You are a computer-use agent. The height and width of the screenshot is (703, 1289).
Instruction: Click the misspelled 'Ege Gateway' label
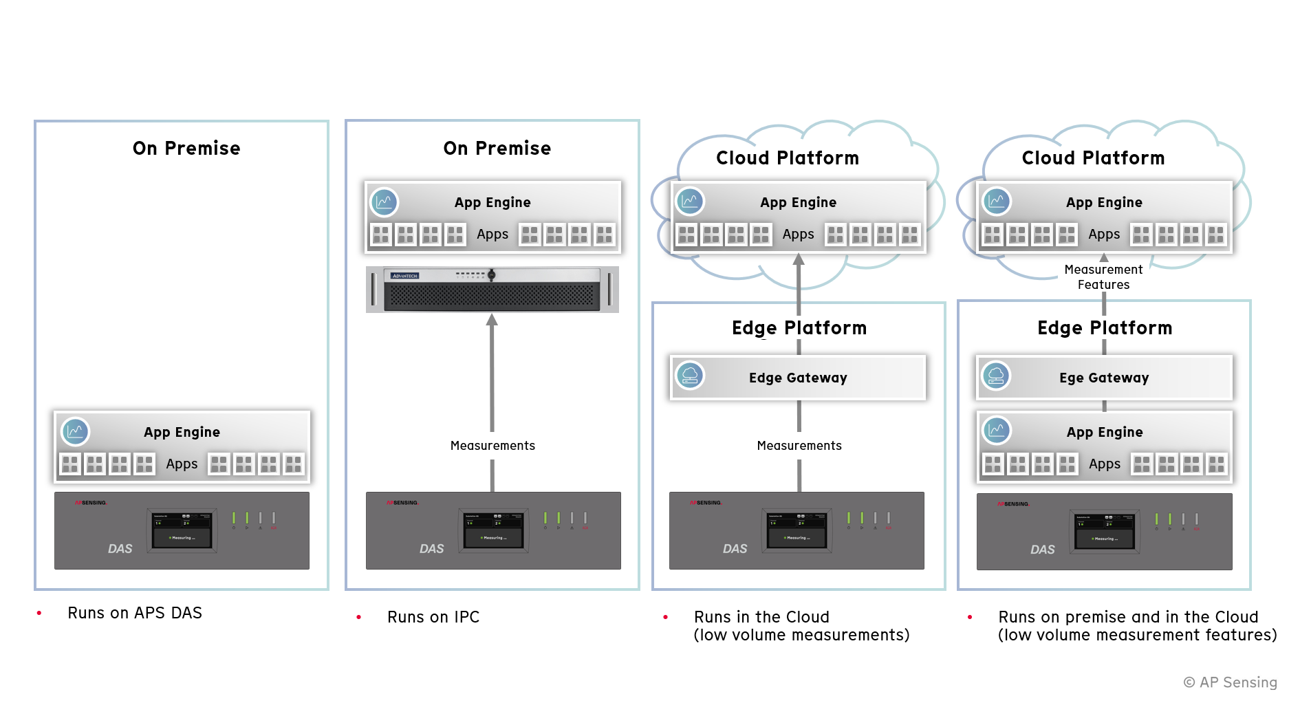pyautogui.click(x=1104, y=378)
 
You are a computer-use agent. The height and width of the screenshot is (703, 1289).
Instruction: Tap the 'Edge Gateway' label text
pyautogui.click(x=798, y=378)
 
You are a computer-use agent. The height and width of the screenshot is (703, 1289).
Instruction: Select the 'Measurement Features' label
pyautogui.click(x=1103, y=277)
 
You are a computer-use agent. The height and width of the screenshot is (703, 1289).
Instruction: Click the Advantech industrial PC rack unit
pyautogui.click(x=492, y=290)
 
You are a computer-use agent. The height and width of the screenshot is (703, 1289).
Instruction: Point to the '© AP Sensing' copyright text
pyautogui.click(x=1229, y=682)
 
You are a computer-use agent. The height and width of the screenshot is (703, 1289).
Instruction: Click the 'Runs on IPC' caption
pyautogui.click(x=433, y=617)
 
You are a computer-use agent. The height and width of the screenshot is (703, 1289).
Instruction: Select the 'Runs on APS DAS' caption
pyautogui.click(x=135, y=613)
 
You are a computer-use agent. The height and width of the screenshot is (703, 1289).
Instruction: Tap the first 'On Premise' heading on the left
pyautogui.click(x=186, y=149)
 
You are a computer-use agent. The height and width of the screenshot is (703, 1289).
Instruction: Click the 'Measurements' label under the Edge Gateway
pyautogui.click(x=799, y=446)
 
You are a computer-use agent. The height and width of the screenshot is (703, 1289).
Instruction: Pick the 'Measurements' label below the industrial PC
pyautogui.click(x=492, y=446)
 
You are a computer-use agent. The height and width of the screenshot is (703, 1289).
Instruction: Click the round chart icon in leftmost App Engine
pyautogui.click(x=75, y=431)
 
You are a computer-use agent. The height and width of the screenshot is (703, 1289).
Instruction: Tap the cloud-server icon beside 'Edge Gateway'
pyautogui.click(x=690, y=376)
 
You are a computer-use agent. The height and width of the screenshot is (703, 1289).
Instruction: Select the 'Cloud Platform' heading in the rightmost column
pyautogui.click(x=1093, y=158)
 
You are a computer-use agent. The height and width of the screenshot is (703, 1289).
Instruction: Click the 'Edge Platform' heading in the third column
pyautogui.click(x=799, y=328)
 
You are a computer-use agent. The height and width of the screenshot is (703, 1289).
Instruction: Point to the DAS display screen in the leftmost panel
pyautogui.click(x=182, y=530)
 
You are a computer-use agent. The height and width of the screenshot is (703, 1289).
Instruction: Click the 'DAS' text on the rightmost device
pyautogui.click(x=1042, y=550)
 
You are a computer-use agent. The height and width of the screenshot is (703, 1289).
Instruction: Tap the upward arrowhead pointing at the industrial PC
pyautogui.click(x=492, y=320)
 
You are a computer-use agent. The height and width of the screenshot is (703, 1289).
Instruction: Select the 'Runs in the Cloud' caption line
pyautogui.click(x=761, y=617)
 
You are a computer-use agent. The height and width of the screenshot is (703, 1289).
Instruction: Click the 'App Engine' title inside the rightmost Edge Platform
pyautogui.click(x=1105, y=432)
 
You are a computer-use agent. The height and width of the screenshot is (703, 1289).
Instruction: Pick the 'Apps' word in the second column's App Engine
pyautogui.click(x=492, y=235)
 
